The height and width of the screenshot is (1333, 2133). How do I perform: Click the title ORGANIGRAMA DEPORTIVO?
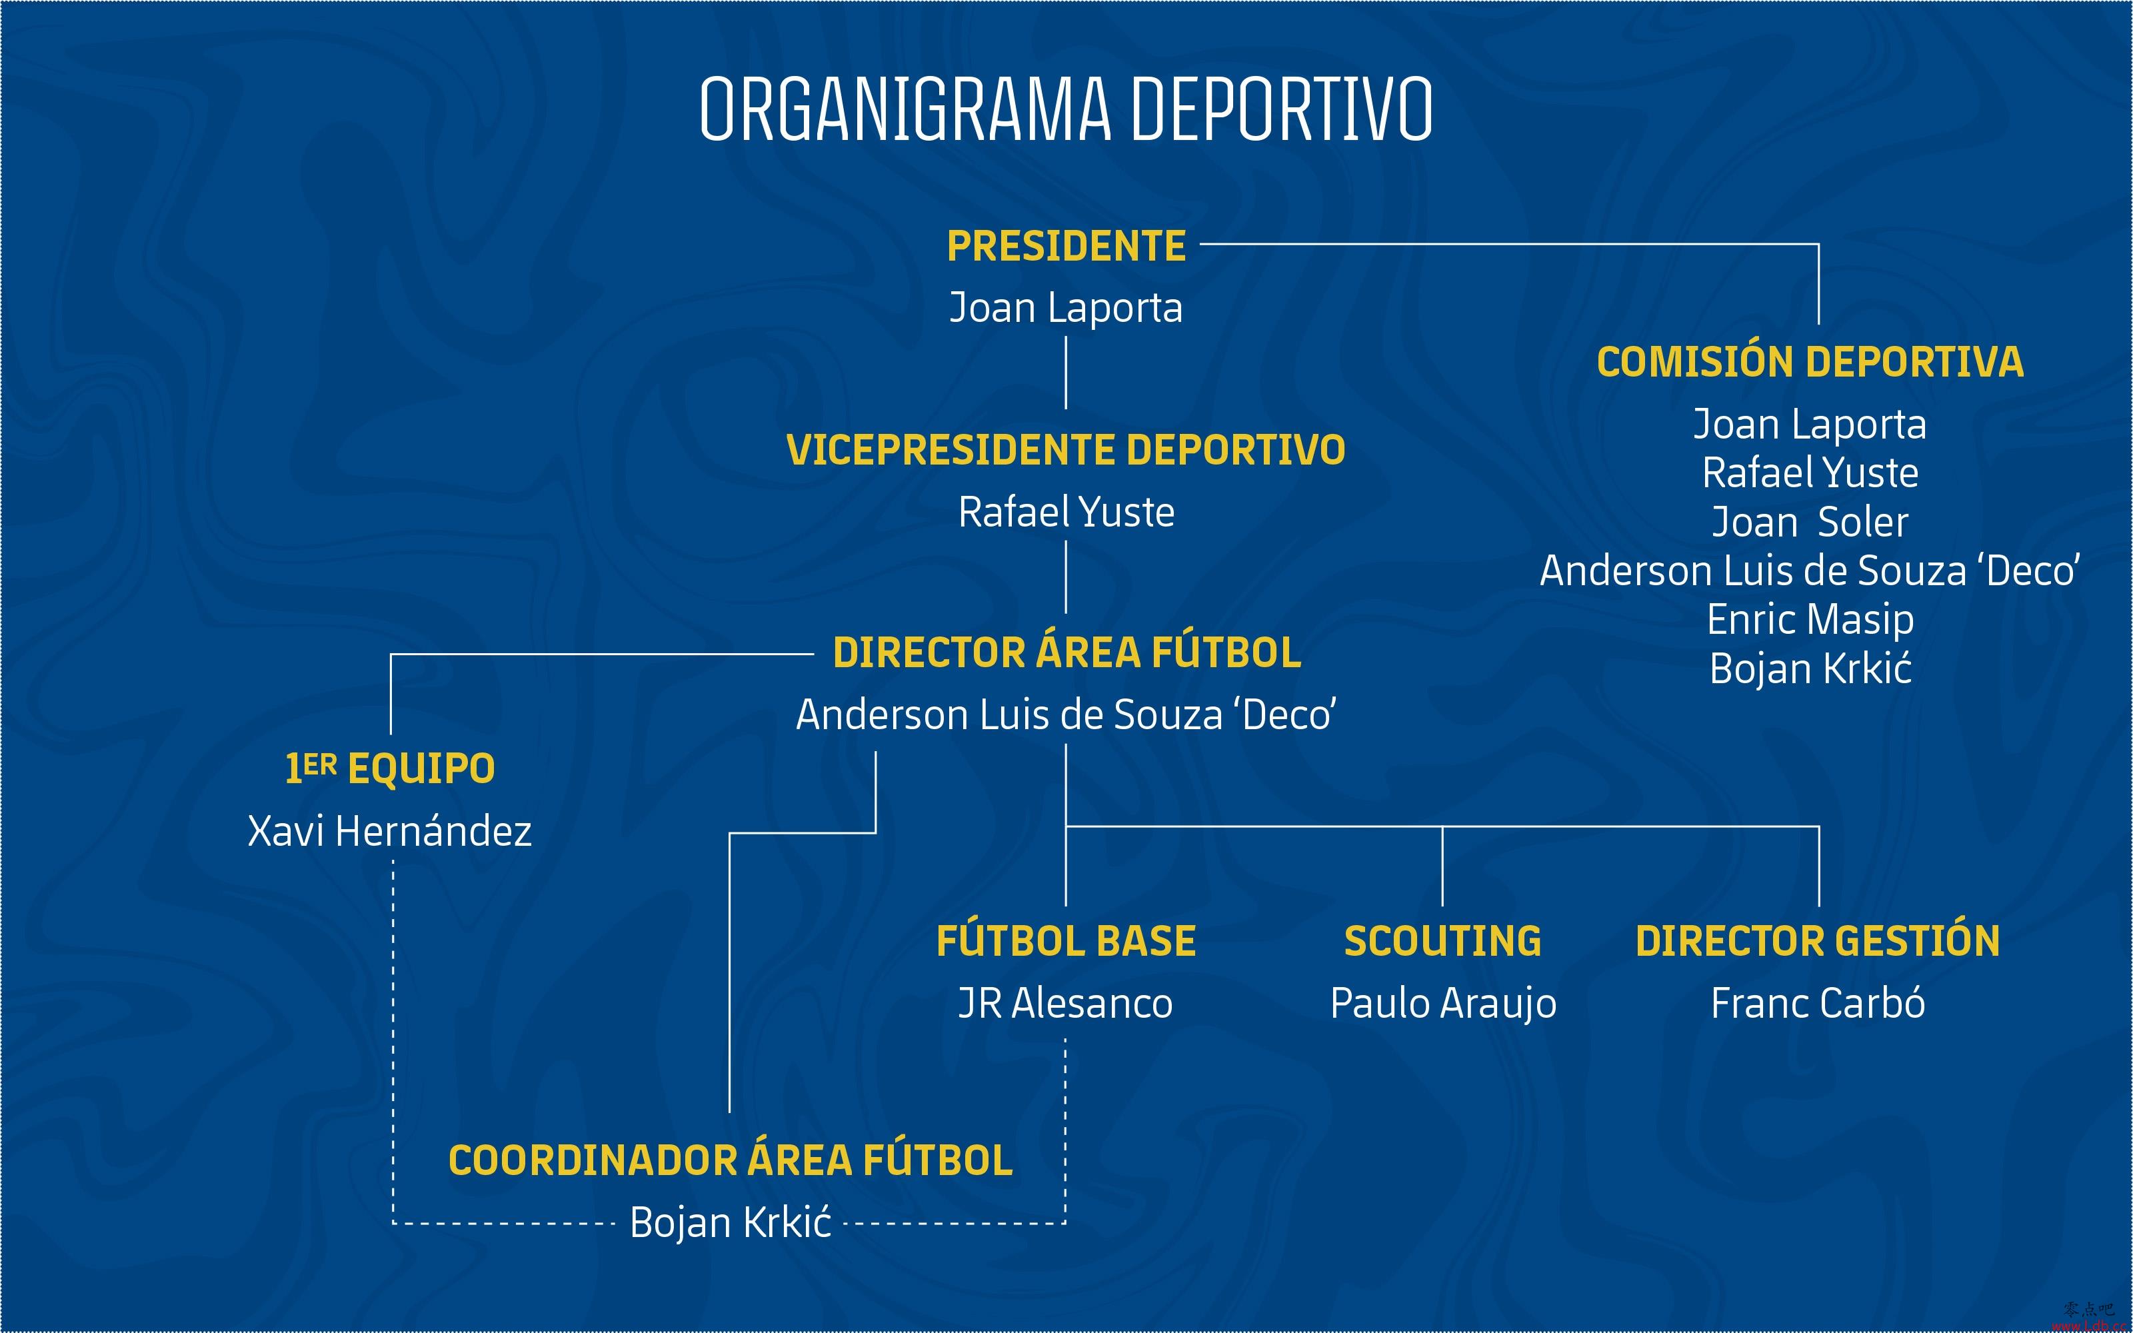click(x=1066, y=109)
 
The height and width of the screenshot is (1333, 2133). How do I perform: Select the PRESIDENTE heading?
click(x=1066, y=246)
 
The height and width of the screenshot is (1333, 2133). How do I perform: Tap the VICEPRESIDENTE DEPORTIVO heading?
click(x=1066, y=450)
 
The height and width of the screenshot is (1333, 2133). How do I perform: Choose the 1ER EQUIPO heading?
click(x=389, y=768)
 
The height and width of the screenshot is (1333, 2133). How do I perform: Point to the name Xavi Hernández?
click(x=389, y=830)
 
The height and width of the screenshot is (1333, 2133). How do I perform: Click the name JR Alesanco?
click(x=1066, y=1003)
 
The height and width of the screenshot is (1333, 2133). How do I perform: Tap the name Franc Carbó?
click(x=1818, y=1002)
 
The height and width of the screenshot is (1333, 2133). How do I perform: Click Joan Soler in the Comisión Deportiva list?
click(x=1810, y=522)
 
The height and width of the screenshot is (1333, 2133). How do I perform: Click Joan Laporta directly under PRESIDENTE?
click(x=1066, y=309)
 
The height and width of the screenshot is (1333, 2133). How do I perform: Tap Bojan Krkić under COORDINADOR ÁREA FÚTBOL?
click(x=731, y=1222)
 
